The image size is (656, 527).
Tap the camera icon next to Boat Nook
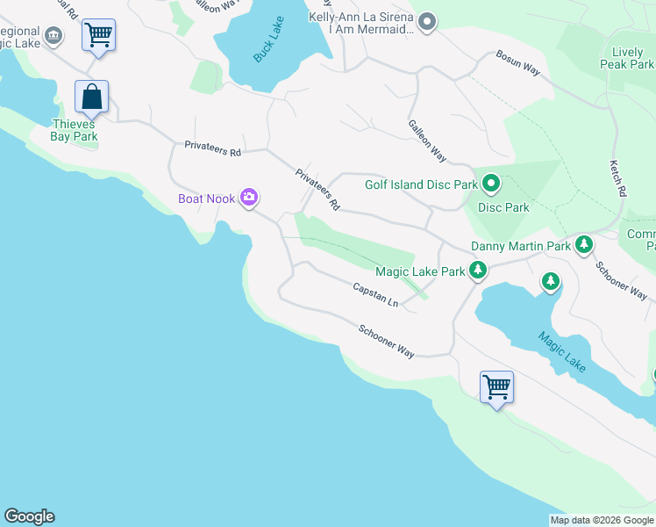pyautogui.click(x=249, y=198)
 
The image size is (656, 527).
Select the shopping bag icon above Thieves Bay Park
pyautogui.click(x=91, y=97)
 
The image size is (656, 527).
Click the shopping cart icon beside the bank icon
pyautogui.click(x=99, y=36)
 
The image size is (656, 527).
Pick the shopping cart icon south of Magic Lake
pyautogui.click(x=496, y=386)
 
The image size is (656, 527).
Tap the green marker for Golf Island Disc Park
pyautogui.click(x=491, y=184)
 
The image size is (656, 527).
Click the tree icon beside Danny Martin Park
pyautogui.click(x=583, y=245)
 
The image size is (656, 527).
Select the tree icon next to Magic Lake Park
pyautogui.click(x=478, y=271)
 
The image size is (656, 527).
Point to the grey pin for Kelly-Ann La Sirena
pyautogui.click(x=427, y=22)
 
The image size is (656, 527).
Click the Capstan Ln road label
pyautogui.click(x=375, y=294)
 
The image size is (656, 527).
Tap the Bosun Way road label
pyautogui.click(x=517, y=68)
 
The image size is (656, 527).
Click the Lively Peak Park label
pyautogui.click(x=627, y=58)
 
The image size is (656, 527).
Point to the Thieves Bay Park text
pyautogui.click(x=73, y=130)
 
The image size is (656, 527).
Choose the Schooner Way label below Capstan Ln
pyautogui.click(x=386, y=340)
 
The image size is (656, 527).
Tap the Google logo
pyautogui.click(x=29, y=516)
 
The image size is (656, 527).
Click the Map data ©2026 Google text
pyautogui.click(x=602, y=520)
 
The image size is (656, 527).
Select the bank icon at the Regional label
pyautogui.click(x=53, y=35)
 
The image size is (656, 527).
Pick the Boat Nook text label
pyautogui.click(x=206, y=199)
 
